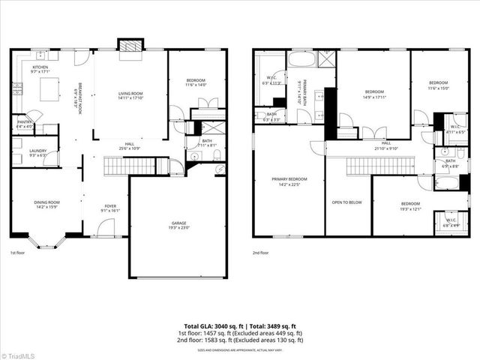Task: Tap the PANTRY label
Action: pos(24,123)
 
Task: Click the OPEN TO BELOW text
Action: pos(348,202)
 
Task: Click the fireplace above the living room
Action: pos(130,45)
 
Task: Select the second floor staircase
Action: pos(370,165)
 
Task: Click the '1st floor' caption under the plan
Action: pos(19,253)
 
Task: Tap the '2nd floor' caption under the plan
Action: pos(262,253)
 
